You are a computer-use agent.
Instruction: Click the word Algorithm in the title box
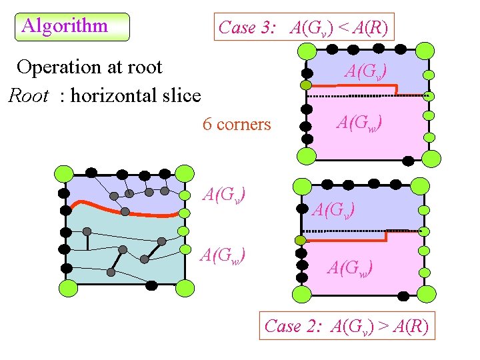click(x=65, y=27)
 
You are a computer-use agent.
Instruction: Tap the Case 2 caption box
click(x=346, y=326)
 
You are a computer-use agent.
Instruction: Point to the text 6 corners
click(x=236, y=125)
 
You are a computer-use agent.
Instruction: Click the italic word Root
click(x=28, y=96)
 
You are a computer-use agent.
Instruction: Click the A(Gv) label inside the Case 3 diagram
click(x=366, y=71)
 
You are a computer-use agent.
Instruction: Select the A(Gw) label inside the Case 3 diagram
click(x=359, y=122)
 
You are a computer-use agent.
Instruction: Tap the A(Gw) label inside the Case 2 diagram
click(x=350, y=267)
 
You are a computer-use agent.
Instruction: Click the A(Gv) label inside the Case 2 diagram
click(x=333, y=209)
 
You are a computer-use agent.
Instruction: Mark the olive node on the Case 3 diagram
click(x=305, y=85)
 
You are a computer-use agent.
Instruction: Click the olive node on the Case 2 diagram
click(x=301, y=240)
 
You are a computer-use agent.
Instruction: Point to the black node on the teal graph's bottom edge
click(x=151, y=285)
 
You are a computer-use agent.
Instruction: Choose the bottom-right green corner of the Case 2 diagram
click(x=427, y=293)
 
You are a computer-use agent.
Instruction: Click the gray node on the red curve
click(x=125, y=212)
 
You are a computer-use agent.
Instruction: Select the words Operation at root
click(x=89, y=67)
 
